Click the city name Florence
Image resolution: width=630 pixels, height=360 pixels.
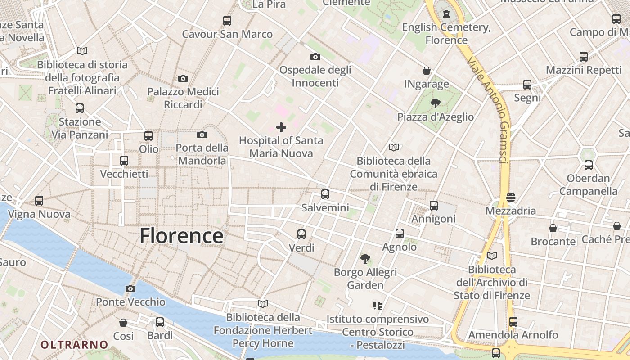click(181, 236)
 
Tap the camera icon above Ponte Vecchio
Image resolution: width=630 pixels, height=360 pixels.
click(130, 288)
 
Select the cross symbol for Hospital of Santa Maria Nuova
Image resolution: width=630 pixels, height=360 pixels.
click(281, 127)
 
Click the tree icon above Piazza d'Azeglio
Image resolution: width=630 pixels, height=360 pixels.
click(435, 103)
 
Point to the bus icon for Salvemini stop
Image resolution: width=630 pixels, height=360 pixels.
click(325, 194)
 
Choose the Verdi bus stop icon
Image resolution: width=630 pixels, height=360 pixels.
click(301, 234)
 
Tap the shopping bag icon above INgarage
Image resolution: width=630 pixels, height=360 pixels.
click(427, 71)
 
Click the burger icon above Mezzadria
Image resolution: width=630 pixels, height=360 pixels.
click(510, 198)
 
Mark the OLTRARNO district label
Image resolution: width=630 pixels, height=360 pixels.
click(74, 345)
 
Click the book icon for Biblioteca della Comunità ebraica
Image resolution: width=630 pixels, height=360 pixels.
click(394, 147)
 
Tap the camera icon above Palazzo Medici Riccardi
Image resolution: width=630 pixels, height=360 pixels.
click(183, 78)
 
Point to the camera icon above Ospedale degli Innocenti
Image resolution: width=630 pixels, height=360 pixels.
click(315, 57)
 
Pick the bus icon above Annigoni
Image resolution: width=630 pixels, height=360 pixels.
click(434, 206)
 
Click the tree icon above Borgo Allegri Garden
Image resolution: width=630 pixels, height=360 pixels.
click(365, 259)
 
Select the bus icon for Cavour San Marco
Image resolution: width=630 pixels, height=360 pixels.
click(227, 21)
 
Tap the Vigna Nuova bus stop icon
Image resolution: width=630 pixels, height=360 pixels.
click(39, 201)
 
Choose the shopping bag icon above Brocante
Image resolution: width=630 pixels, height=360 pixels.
click(553, 228)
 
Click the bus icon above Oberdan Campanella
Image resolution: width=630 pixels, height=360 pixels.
click(589, 165)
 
